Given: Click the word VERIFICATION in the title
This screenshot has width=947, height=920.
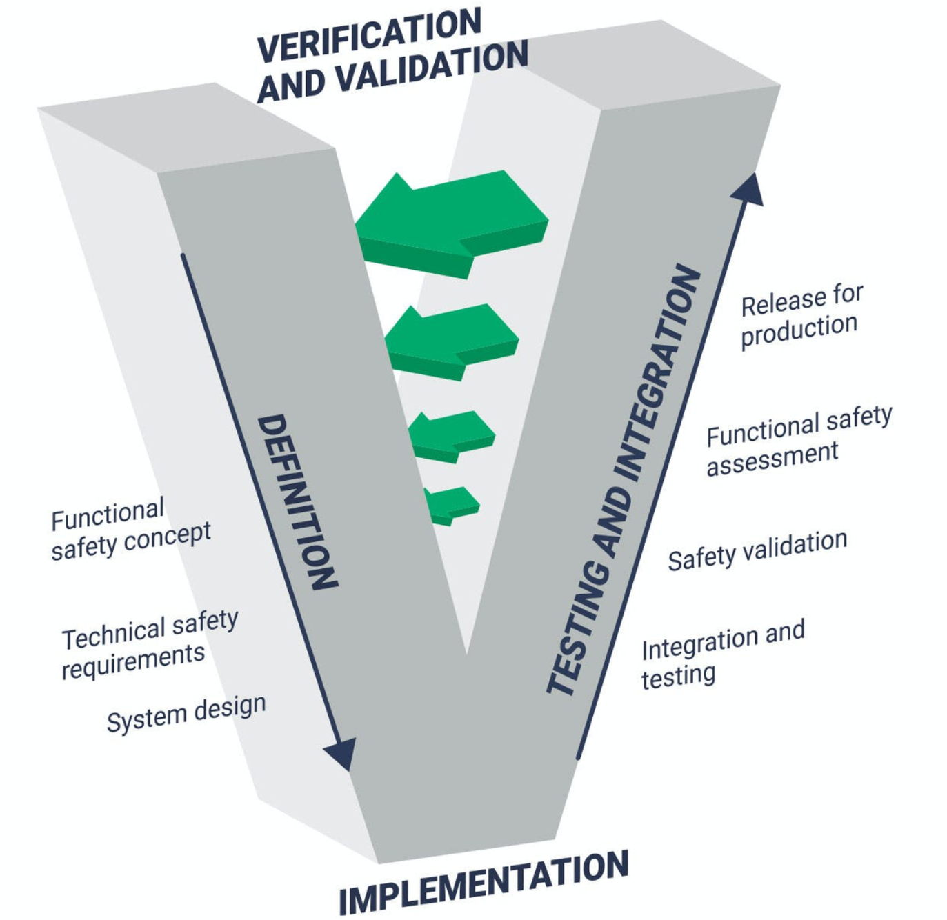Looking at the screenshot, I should (369, 36).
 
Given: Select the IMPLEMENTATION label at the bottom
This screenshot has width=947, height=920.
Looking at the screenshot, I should (484, 883).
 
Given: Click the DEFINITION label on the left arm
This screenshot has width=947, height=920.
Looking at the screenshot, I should (297, 501).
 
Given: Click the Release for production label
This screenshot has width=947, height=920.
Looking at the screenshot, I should (801, 315).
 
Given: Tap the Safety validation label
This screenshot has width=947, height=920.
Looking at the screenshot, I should (757, 550).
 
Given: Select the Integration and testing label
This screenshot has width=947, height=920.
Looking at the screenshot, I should (721, 653).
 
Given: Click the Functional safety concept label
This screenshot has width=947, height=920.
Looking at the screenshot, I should (130, 528).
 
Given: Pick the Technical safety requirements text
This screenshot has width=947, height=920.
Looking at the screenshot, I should (149, 643).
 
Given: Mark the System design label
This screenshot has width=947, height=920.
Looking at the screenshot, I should (186, 713).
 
